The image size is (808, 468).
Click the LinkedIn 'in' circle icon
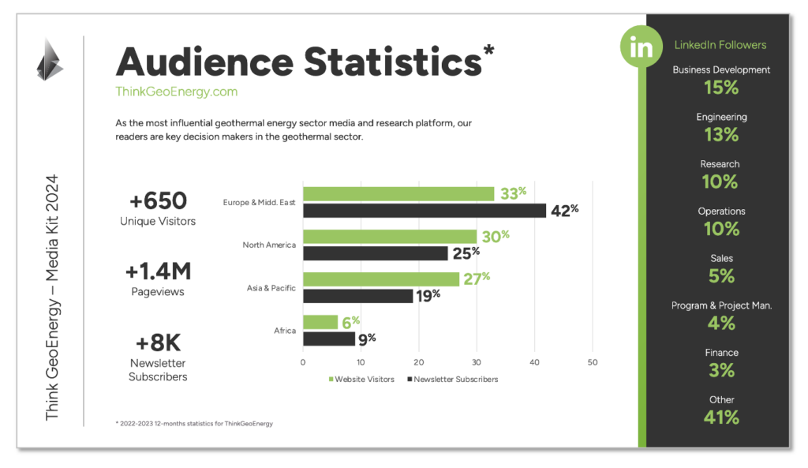pos(642,47)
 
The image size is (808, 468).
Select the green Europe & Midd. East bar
pos(398,194)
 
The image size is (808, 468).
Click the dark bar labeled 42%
pos(425,211)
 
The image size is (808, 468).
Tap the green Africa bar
pos(320,322)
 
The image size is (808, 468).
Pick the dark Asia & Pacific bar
pos(357,296)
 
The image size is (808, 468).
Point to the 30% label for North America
pos(495,235)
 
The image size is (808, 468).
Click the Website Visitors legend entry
pos(362,380)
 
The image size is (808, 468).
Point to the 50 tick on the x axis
pos(593,363)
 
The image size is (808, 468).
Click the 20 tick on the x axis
pos(418,363)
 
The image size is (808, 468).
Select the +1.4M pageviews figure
pos(158,271)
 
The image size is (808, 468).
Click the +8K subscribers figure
pos(158,343)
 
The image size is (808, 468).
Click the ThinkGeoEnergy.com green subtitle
pos(176,92)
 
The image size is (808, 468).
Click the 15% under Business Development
pos(721,88)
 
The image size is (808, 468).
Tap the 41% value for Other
pos(721,417)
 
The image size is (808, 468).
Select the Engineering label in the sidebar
pos(721,117)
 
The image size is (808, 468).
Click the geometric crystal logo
pos(49,59)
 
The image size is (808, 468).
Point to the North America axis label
pos(269,245)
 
